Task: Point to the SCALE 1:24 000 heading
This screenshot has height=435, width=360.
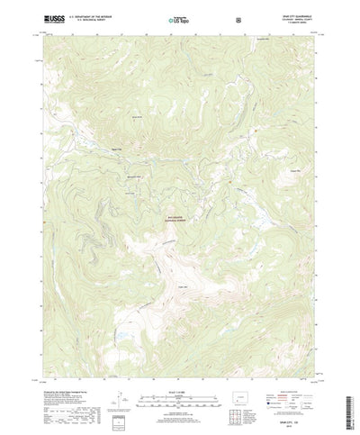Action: [x=179, y=364]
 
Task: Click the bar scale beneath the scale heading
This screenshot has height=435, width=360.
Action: [x=179, y=371]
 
